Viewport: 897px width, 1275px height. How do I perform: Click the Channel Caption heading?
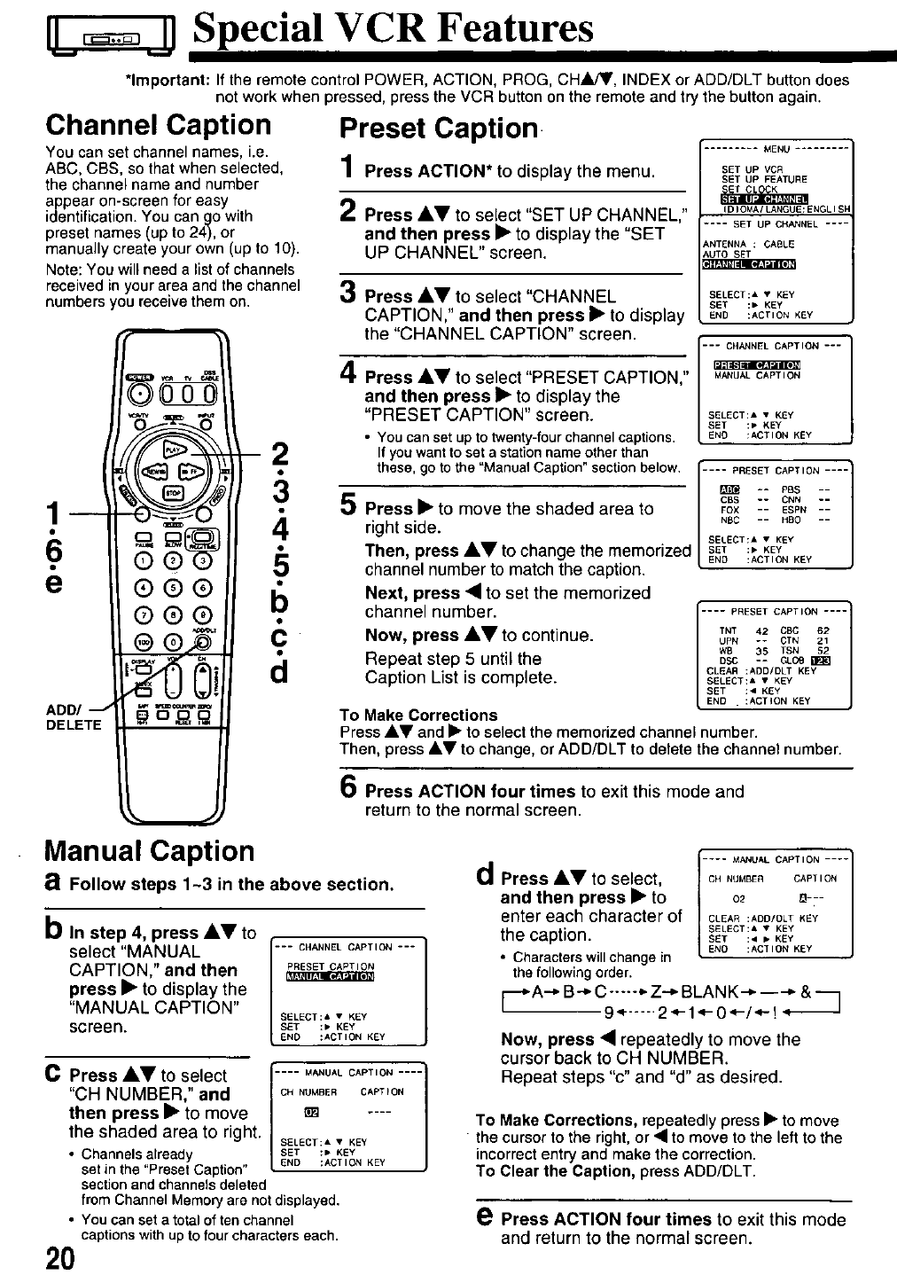(x=158, y=125)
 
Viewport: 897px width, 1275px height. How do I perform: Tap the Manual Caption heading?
(x=149, y=851)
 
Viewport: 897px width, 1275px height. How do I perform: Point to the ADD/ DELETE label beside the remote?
(x=73, y=716)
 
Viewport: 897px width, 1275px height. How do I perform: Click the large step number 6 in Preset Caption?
(x=349, y=786)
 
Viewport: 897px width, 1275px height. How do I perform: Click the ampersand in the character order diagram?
(x=806, y=991)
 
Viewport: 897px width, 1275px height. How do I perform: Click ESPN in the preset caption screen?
(x=793, y=510)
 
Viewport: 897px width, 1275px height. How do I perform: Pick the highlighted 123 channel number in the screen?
(x=823, y=661)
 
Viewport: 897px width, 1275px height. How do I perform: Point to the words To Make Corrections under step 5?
(x=418, y=715)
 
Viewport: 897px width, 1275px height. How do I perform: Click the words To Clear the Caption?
(x=554, y=1171)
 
